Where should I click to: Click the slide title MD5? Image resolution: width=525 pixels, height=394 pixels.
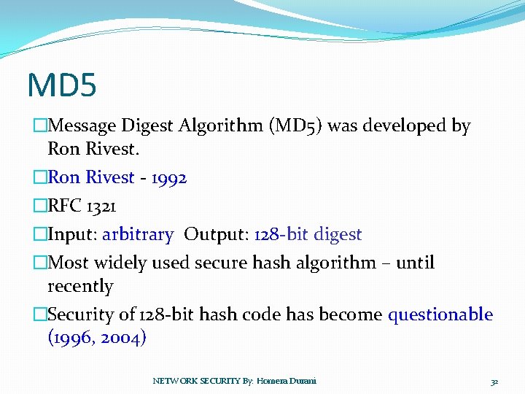point(62,84)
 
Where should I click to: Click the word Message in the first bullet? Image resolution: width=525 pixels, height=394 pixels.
point(81,126)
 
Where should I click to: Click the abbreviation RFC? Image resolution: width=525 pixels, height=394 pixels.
point(65,206)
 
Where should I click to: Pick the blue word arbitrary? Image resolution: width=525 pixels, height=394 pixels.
point(138,235)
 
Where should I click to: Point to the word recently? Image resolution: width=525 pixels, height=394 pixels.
point(80,286)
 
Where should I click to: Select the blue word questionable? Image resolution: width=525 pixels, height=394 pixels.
point(440,314)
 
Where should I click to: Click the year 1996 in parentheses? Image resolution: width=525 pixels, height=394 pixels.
point(72,338)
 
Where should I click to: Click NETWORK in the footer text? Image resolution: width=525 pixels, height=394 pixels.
point(172,381)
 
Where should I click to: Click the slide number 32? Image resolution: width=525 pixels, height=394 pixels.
point(494,381)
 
